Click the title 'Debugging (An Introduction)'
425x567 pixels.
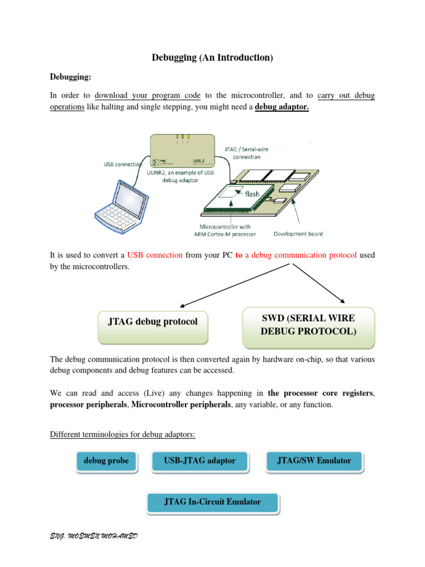(212, 58)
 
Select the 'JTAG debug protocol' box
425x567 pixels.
(152, 327)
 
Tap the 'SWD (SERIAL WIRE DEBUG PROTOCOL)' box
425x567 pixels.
(309, 326)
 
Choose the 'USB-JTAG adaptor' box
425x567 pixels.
(200, 461)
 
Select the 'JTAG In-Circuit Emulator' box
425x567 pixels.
(212, 502)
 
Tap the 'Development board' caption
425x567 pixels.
(298, 234)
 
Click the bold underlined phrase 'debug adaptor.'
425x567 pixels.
(282, 107)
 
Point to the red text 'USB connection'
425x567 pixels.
(155, 255)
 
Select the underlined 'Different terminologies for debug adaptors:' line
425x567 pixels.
(122, 435)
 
